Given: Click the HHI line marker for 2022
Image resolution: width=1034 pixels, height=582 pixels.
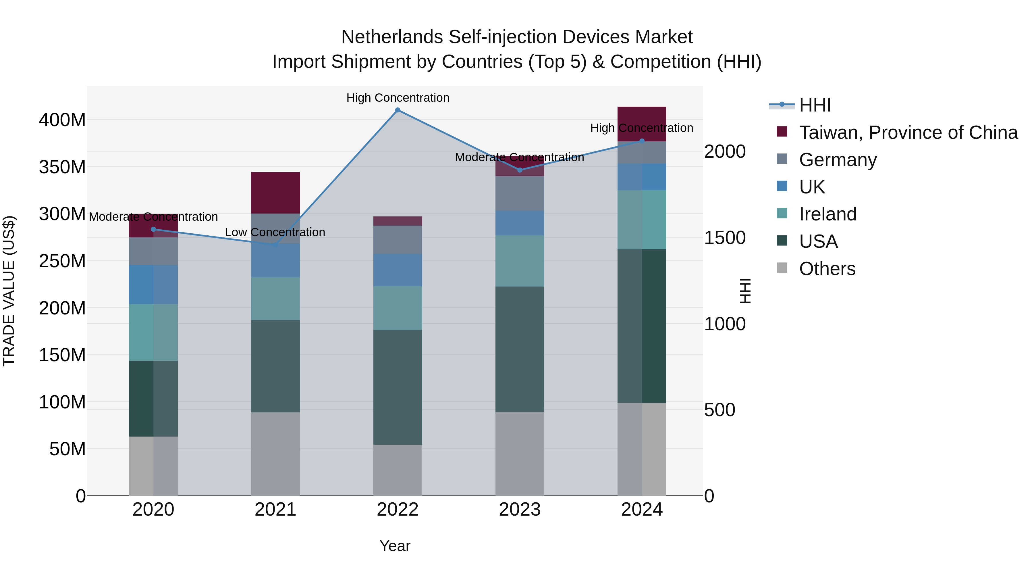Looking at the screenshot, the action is [x=398, y=110].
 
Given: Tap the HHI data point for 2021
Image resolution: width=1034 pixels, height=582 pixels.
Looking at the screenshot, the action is [x=275, y=245].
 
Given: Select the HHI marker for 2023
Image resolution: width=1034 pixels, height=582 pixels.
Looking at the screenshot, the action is [x=520, y=170].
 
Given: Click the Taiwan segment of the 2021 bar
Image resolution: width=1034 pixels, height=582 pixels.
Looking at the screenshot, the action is [x=275, y=193].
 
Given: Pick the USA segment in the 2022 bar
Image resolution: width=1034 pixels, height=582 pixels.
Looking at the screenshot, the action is [x=398, y=388].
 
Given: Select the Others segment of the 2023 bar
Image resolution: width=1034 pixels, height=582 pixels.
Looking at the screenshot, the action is [x=520, y=454].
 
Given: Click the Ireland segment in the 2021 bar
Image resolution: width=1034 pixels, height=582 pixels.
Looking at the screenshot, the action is [x=275, y=299].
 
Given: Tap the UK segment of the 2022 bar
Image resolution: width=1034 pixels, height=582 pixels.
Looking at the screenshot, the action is [x=398, y=270].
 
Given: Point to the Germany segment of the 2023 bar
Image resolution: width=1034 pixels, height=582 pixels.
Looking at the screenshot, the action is [x=520, y=194].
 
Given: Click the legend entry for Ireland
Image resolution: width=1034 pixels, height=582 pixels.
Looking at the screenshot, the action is [x=817, y=214].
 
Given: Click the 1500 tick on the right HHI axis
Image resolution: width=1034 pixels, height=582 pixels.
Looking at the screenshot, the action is [x=725, y=238].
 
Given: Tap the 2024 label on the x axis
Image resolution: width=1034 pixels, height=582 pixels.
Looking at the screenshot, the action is [x=642, y=510].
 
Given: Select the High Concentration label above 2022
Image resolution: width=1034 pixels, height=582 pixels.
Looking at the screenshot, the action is [x=398, y=98].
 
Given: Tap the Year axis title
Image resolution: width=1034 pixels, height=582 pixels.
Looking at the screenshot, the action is [x=395, y=546].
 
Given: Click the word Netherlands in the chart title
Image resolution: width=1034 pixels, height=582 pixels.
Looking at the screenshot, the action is [x=392, y=37].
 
